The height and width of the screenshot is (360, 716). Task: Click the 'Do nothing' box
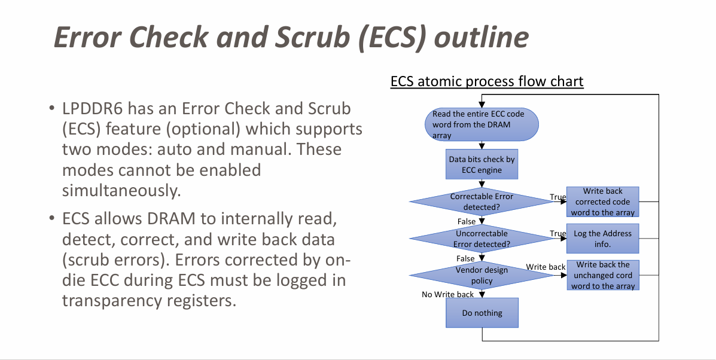point(482,313)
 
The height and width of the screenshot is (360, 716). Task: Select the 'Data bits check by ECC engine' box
point(482,165)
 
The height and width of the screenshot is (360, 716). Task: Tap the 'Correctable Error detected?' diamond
point(482,202)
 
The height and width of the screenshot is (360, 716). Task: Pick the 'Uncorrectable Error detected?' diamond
point(482,239)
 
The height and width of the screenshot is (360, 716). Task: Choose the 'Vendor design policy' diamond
point(482,275)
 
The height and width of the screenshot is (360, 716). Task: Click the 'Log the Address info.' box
point(602,239)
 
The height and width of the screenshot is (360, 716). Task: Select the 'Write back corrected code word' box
point(602,202)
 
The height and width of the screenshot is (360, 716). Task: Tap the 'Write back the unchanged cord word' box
point(602,275)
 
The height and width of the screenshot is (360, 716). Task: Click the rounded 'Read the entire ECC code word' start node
point(482,124)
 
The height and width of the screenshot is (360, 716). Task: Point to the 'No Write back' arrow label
point(447,294)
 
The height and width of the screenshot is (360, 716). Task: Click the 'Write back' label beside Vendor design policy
point(546,267)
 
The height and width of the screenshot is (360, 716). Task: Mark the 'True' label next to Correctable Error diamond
point(557,197)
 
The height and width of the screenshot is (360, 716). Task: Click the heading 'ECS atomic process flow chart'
point(487,81)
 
